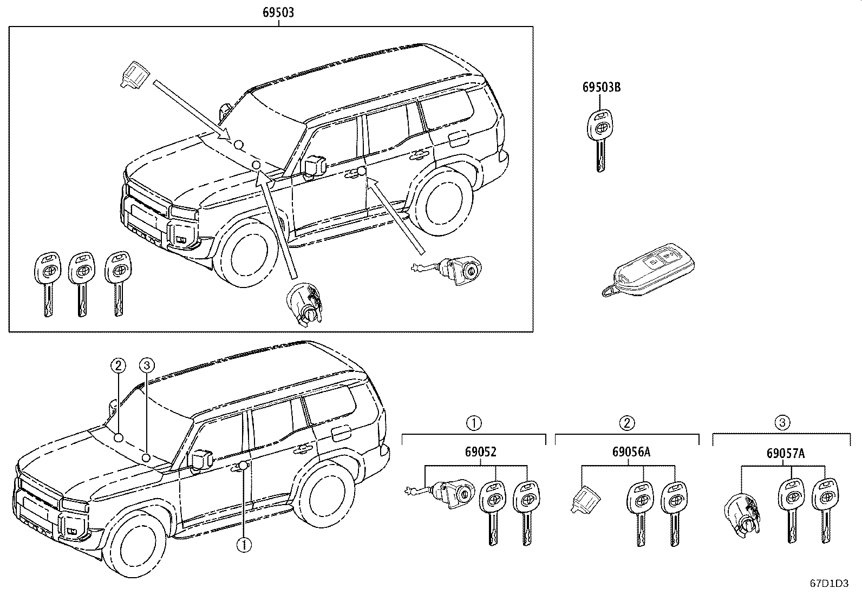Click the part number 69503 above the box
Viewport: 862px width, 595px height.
click(x=278, y=12)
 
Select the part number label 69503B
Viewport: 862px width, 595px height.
click(x=601, y=87)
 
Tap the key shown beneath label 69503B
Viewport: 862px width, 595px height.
click(x=600, y=141)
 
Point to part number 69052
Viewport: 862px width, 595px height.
click(x=481, y=452)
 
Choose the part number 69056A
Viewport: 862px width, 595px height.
click(x=631, y=452)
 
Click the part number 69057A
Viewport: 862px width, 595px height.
click(x=786, y=453)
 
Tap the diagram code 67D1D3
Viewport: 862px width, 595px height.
click(x=829, y=584)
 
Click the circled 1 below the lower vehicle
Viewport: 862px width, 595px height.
click(x=244, y=545)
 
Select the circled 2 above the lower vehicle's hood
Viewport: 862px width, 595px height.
click(x=118, y=365)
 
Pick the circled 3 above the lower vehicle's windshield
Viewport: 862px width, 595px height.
click(x=147, y=365)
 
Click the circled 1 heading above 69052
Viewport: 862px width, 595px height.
click(x=474, y=423)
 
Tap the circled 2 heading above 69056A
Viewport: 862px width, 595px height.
click(x=627, y=423)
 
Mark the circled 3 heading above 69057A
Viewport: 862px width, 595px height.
click(x=782, y=423)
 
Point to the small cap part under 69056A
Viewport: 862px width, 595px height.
click(x=585, y=499)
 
